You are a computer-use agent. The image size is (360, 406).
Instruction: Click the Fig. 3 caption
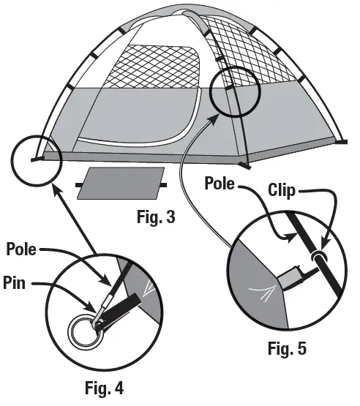pos(156,217)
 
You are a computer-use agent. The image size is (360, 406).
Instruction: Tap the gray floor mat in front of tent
pos(121,184)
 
